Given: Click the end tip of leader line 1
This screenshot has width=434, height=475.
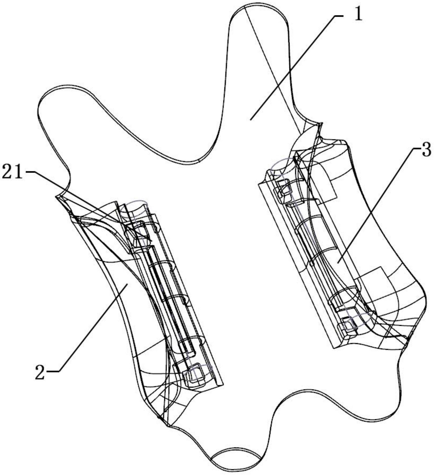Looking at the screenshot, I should click(x=250, y=119).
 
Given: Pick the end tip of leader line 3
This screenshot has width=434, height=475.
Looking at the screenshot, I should click(x=338, y=262).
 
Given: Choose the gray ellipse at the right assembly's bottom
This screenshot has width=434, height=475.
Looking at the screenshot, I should click(x=358, y=320).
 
